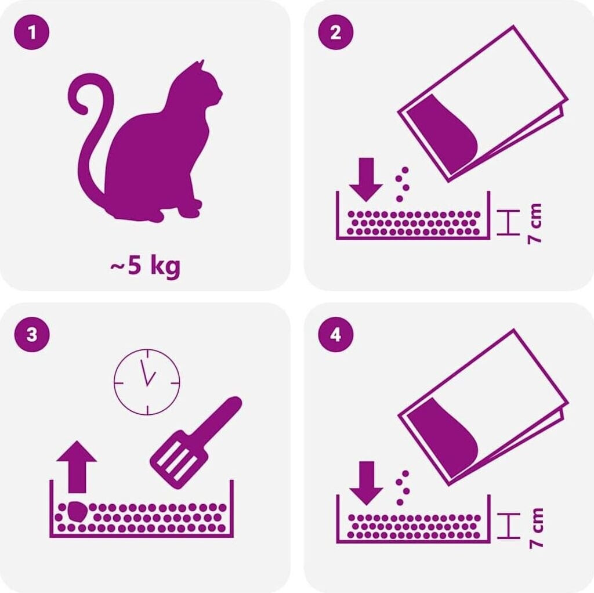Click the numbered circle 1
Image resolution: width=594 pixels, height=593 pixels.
(32, 32)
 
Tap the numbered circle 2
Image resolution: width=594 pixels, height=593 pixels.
(336, 32)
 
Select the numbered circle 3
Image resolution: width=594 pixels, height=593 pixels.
(32, 335)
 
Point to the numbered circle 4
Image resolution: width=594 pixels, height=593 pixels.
(336, 335)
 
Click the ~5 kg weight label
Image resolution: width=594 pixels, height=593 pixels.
(145, 267)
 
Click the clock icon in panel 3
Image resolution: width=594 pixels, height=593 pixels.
(147, 382)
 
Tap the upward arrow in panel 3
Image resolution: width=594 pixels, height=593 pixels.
(77, 467)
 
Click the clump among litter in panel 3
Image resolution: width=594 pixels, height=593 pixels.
(77, 512)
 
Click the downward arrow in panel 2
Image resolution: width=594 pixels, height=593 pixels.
(365, 179)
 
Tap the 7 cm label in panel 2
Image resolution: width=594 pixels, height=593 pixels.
(534, 223)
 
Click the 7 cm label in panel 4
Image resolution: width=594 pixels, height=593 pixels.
(536, 528)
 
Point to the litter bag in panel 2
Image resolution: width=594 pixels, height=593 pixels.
(483, 103)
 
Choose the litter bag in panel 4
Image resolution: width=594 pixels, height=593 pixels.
(483, 407)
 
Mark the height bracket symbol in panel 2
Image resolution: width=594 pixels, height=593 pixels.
(508, 222)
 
